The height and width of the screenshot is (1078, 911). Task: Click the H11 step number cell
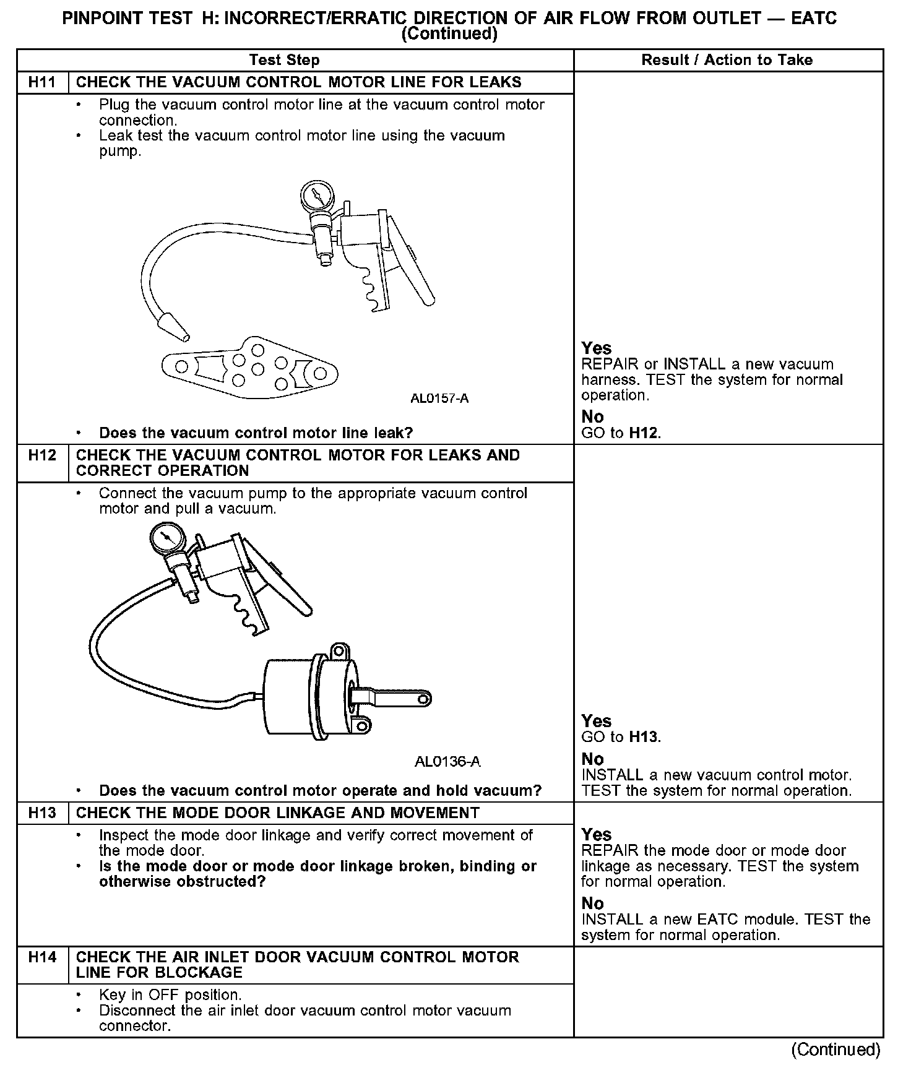click(42, 82)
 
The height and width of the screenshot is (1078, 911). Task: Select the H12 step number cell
click(42, 455)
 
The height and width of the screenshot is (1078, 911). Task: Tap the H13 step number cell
click(42, 813)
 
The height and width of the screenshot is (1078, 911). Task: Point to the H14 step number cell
click(42, 957)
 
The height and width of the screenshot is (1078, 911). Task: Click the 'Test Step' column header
click(284, 60)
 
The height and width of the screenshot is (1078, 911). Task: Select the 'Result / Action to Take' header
click(727, 60)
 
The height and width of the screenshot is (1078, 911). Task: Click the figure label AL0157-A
click(439, 399)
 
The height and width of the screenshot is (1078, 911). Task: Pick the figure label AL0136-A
click(447, 761)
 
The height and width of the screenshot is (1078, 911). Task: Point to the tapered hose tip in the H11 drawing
click(174, 326)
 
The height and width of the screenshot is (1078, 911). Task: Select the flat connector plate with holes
click(250, 368)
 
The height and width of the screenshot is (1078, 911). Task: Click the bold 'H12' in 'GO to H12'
click(644, 433)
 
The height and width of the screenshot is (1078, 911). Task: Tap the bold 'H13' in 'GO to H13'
click(644, 737)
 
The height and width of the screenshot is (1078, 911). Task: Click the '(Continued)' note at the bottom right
click(835, 1050)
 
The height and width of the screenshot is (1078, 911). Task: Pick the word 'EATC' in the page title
click(814, 19)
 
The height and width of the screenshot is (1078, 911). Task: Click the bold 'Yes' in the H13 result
click(596, 835)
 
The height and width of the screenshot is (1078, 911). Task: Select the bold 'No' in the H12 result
click(592, 759)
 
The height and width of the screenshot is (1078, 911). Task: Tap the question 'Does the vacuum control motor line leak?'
click(256, 433)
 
